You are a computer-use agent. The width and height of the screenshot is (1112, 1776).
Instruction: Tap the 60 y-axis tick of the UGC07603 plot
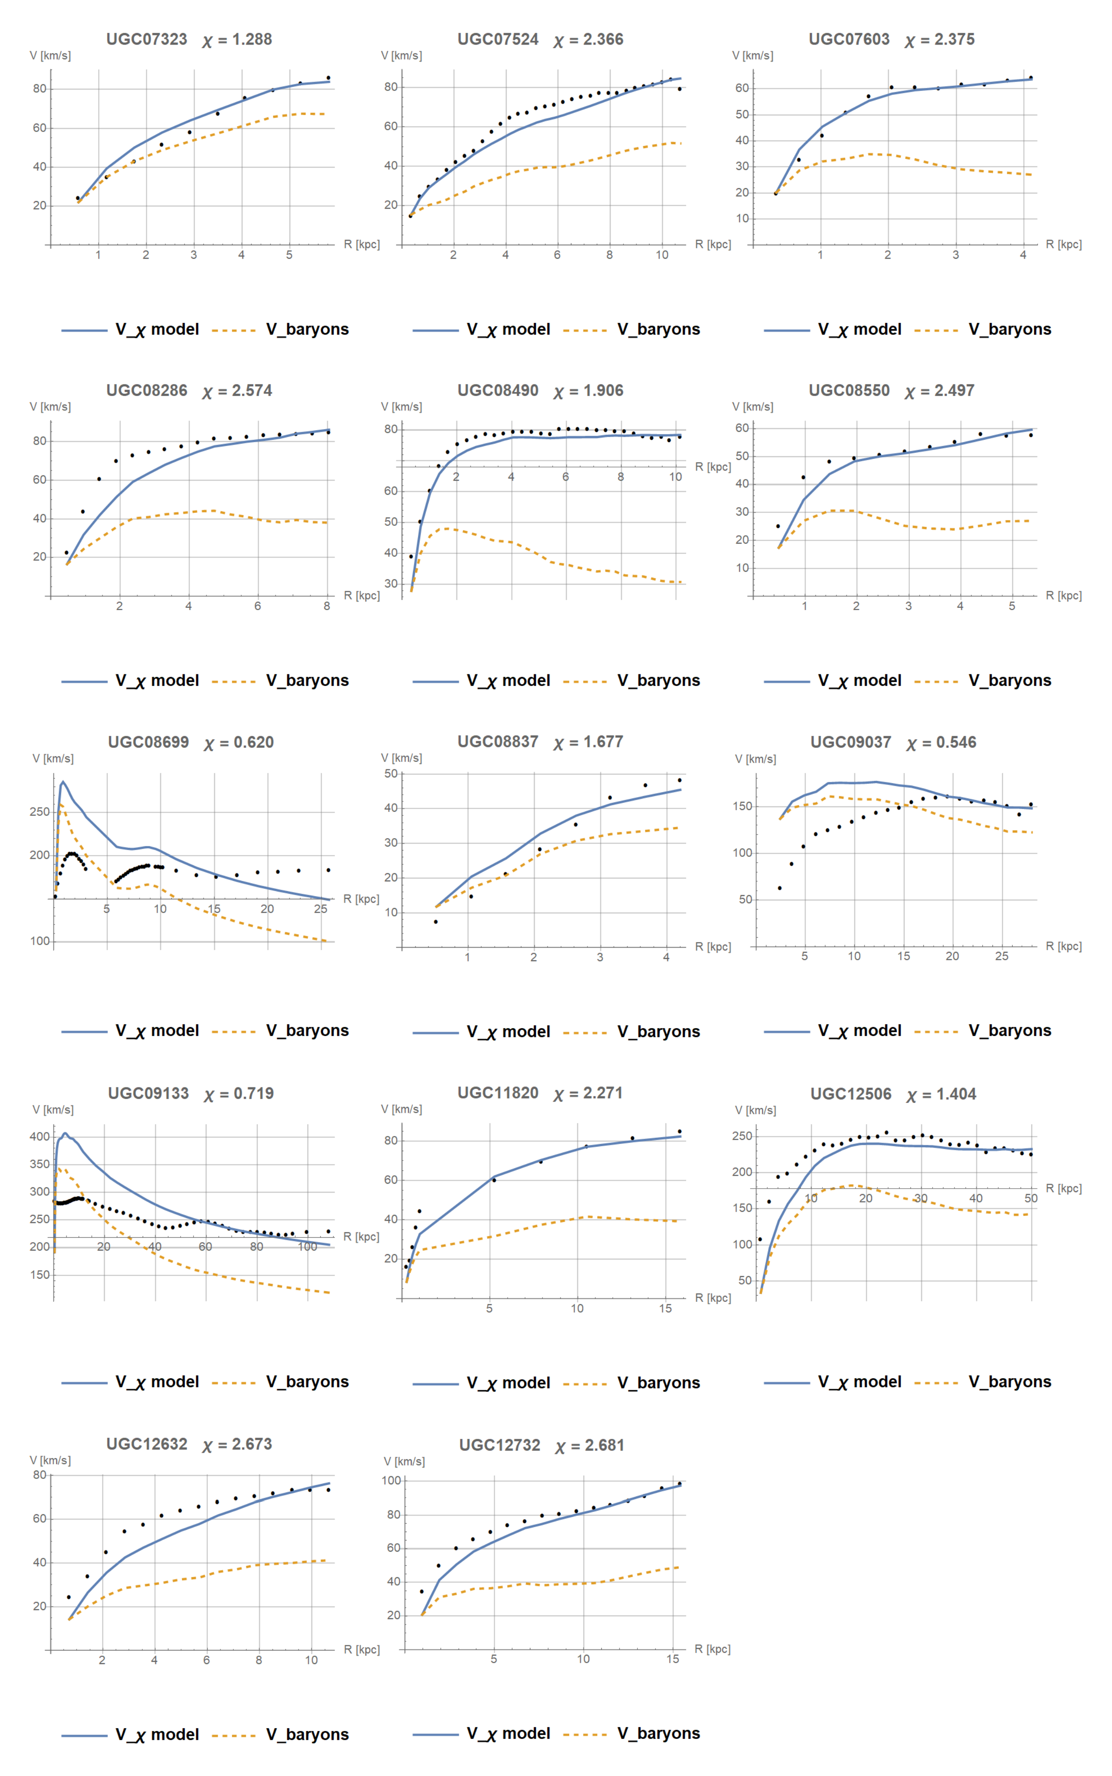[x=742, y=88]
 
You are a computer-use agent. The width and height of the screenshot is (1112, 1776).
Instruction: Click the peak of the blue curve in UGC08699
[x=62, y=782]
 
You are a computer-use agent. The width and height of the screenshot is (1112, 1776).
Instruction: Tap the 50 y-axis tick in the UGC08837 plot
[x=391, y=774]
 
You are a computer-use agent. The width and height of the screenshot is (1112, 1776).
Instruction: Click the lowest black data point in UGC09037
[x=780, y=888]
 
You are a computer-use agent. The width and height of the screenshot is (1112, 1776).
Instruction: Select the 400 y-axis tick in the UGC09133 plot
[x=40, y=1136]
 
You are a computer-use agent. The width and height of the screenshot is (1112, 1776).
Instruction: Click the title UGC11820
[x=498, y=1093]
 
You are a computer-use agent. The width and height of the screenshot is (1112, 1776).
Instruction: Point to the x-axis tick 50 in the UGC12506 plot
[x=1031, y=1198]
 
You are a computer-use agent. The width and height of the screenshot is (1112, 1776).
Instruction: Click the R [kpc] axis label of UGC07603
[x=1063, y=244]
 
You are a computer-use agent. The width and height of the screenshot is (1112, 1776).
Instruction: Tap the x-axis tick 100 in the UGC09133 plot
[x=307, y=1247]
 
